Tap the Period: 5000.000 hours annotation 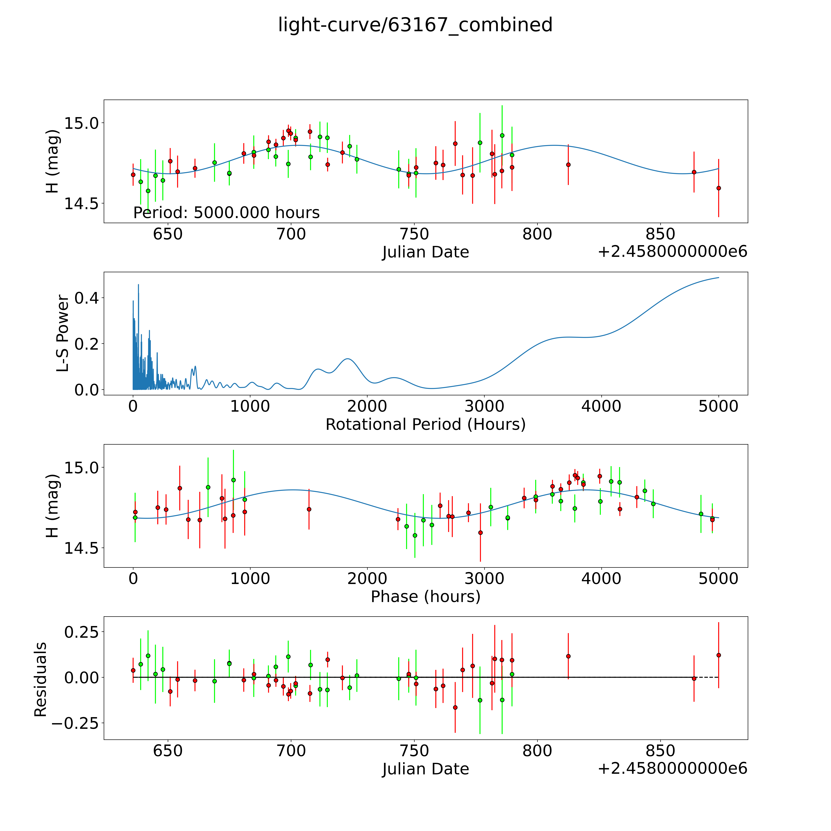226,213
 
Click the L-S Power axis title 63,333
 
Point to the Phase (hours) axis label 425,597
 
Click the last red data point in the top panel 718,188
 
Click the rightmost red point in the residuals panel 718,655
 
